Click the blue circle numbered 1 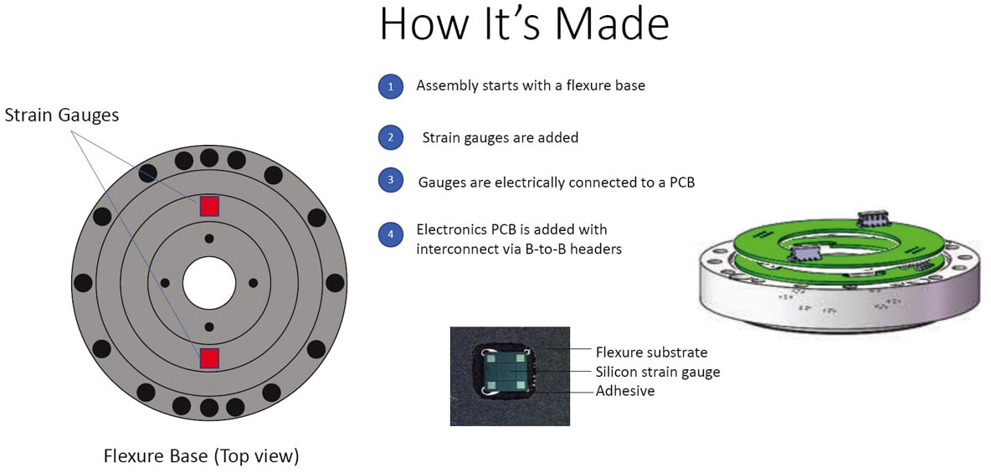click(391, 86)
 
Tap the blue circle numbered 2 click(391, 137)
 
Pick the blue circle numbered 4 click(391, 234)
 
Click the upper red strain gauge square click(209, 206)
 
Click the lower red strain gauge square click(209, 358)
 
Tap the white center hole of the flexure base click(209, 283)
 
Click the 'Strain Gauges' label click(62, 116)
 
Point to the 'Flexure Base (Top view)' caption click(201, 455)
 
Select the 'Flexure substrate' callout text click(652, 351)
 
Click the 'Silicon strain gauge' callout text click(658, 372)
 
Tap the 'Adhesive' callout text click(625, 392)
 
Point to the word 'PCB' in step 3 click(680, 183)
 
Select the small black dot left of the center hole click(165, 283)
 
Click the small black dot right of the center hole click(254, 283)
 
